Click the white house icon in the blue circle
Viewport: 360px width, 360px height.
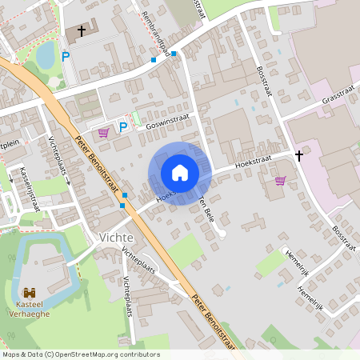pos(179,173)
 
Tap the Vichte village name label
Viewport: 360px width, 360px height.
pos(117,238)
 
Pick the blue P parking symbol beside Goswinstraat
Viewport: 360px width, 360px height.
pos(124,126)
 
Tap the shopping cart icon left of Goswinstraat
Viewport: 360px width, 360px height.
pos(103,132)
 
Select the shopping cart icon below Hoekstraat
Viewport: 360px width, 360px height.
pos(280,181)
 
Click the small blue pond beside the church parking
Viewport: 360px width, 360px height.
pos(46,54)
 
